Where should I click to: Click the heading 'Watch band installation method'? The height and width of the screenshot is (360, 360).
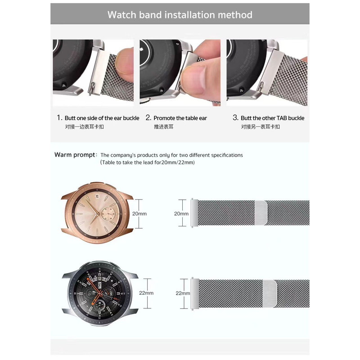(180, 15)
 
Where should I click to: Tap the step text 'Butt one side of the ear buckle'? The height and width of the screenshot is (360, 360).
(102, 118)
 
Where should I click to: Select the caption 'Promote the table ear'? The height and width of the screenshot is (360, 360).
(180, 118)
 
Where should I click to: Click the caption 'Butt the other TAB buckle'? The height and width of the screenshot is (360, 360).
(273, 118)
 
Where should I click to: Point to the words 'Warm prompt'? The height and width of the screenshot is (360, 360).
(75, 155)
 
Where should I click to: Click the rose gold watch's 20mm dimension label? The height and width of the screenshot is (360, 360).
(139, 214)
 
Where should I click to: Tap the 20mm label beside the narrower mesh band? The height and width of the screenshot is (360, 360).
(181, 214)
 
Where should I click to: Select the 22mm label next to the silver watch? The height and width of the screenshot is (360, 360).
(146, 293)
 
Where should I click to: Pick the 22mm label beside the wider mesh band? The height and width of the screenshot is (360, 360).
(183, 293)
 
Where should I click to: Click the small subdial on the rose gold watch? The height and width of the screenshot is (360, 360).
(108, 214)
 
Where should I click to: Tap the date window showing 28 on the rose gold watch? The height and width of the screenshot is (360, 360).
(97, 196)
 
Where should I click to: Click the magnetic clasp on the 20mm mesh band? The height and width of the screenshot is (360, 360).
(261, 213)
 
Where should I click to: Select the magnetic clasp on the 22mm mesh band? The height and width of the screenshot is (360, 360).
(270, 294)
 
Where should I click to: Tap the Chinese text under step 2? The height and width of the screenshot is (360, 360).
(163, 127)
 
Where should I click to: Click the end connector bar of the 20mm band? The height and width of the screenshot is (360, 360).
(194, 213)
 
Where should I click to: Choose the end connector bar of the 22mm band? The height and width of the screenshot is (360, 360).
(195, 294)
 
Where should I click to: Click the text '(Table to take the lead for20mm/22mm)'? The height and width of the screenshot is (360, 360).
(148, 162)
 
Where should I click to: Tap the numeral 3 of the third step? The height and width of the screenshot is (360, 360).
(235, 117)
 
